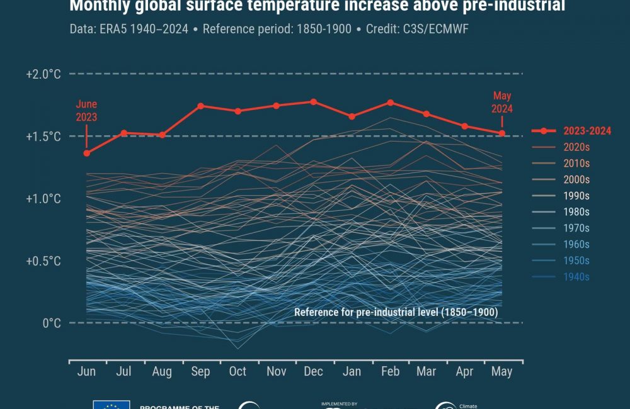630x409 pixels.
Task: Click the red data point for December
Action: pos(314,101)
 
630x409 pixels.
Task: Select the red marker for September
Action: pos(200,106)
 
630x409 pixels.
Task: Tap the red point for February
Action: pos(391,103)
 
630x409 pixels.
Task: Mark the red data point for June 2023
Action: pos(87,153)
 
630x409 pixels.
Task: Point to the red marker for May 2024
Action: pos(502,133)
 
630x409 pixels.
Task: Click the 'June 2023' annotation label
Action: pos(87,110)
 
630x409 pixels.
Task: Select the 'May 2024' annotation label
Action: pos(502,102)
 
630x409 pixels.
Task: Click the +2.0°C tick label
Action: pos(43,74)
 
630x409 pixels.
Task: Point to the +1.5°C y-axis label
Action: pos(43,137)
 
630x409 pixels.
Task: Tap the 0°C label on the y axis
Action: pos(52,323)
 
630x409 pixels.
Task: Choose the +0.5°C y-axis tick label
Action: pos(43,261)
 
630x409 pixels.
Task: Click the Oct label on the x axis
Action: pos(238,371)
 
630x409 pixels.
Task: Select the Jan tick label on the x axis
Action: pos(352,371)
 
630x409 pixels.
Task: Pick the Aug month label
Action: pos(162,371)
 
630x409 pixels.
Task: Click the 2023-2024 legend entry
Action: pos(587,131)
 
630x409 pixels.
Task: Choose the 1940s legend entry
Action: pos(576,277)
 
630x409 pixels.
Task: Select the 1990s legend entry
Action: pos(576,196)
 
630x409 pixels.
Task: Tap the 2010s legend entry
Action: pos(576,164)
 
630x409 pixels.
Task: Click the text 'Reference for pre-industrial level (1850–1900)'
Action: pos(400,313)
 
